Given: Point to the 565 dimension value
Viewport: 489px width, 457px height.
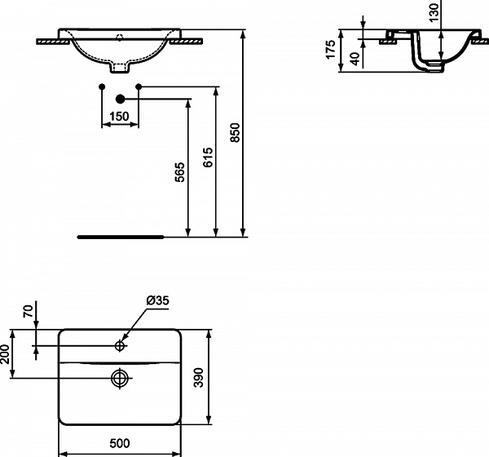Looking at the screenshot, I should point(181,172).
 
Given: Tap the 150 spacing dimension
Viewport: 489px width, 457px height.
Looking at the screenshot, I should point(120,117).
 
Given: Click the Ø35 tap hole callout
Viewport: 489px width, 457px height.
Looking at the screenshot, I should point(157,301).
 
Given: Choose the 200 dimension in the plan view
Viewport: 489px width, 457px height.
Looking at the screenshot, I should point(6,354).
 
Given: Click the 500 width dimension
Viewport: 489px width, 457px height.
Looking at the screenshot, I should point(120,444).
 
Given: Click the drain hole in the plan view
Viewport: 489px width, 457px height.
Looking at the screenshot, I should point(120,377).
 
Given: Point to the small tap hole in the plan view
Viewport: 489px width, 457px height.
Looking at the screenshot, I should point(120,346).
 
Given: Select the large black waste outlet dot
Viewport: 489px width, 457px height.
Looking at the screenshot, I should point(120,99).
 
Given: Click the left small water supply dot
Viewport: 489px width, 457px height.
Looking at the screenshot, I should point(101,87).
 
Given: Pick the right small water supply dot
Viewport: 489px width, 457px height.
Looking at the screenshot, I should point(139,87).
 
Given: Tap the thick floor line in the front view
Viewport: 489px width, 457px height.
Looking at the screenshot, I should point(120,237).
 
